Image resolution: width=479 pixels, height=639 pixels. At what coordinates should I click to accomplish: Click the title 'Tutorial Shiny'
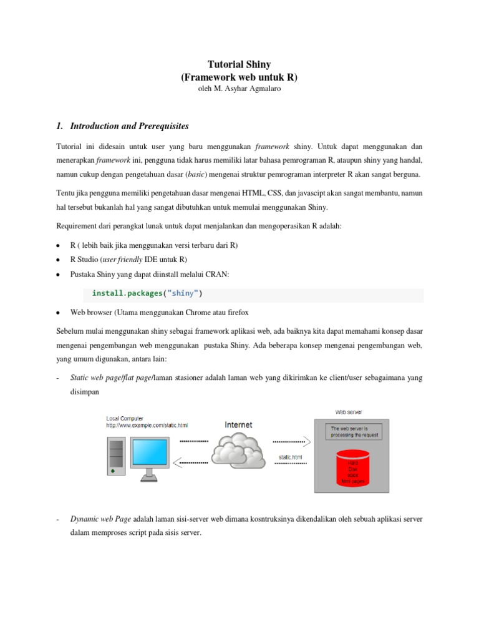[239, 64]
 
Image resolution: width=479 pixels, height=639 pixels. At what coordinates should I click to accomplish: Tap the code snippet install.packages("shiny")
[147, 293]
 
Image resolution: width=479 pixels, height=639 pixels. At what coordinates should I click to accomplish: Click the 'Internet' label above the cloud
[239, 425]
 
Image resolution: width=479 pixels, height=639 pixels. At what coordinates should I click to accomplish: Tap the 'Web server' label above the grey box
[349, 412]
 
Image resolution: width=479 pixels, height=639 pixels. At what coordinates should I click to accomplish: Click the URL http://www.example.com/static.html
[147, 425]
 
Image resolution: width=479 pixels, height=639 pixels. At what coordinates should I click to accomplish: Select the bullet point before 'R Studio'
[57, 260]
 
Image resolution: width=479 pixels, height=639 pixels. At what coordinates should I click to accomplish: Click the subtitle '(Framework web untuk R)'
[239, 77]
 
